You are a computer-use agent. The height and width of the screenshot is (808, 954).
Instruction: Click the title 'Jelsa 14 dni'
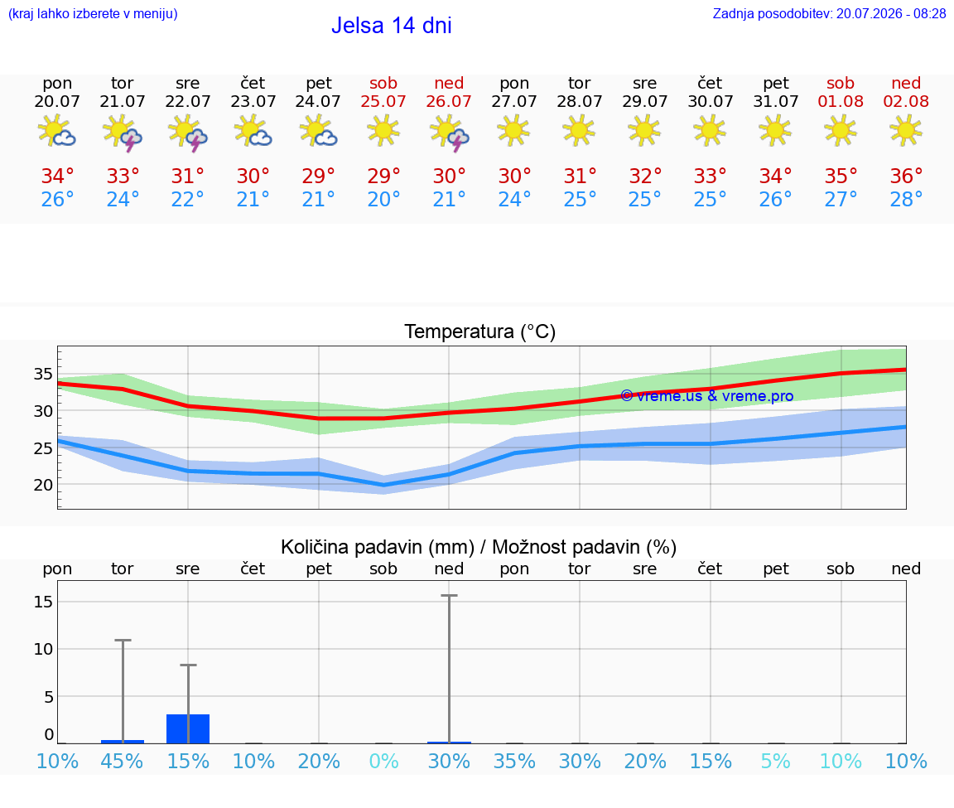click(x=391, y=26)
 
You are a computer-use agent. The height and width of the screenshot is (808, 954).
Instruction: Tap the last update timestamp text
click(x=829, y=14)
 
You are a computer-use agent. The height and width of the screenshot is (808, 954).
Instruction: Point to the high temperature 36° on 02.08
click(x=906, y=176)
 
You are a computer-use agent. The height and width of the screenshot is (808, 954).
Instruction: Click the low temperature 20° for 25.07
click(x=383, y=199)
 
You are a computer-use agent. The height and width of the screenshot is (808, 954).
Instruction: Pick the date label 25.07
click(x=383, y=101)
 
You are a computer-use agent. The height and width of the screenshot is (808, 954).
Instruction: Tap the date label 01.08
click(x=841, y=101)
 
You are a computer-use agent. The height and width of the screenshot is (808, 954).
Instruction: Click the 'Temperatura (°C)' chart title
click(x=480, y=331)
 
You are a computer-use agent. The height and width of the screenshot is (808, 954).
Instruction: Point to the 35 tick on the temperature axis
click(x=43, y=374)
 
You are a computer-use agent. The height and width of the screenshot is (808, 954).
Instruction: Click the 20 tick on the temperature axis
click(x=43, y=486)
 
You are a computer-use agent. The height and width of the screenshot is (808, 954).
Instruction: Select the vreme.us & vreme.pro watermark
click(x=707, y=396)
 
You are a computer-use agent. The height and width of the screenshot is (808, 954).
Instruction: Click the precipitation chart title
click(x=479, y=547)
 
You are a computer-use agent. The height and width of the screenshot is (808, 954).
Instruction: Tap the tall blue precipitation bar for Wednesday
click(x=188, y=728)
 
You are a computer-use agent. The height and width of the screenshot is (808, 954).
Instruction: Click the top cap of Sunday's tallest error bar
click(x=450, y=596)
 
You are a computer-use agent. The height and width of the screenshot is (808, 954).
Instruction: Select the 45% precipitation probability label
click(x=123, y=761)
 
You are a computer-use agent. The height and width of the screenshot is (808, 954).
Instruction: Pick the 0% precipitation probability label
click(x=383, y=761)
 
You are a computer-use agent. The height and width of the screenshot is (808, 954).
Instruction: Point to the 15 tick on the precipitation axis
click(x=43, y=602)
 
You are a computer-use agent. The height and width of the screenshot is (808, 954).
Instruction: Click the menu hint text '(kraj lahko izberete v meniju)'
click(x=93, y=14)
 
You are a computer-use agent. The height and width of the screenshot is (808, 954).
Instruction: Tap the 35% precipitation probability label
click(x=515, y=761)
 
